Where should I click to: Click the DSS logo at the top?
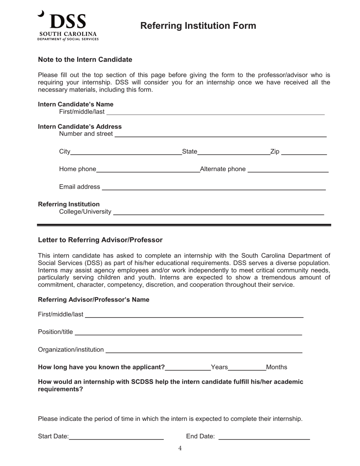68,25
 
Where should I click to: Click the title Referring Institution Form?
198,26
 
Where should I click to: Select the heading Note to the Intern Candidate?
85,59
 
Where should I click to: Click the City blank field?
126,152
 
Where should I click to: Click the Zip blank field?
304,152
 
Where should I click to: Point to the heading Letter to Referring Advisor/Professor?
100,240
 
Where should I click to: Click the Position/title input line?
188,332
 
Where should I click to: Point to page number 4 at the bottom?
180,449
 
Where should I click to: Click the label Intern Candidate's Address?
80,127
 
